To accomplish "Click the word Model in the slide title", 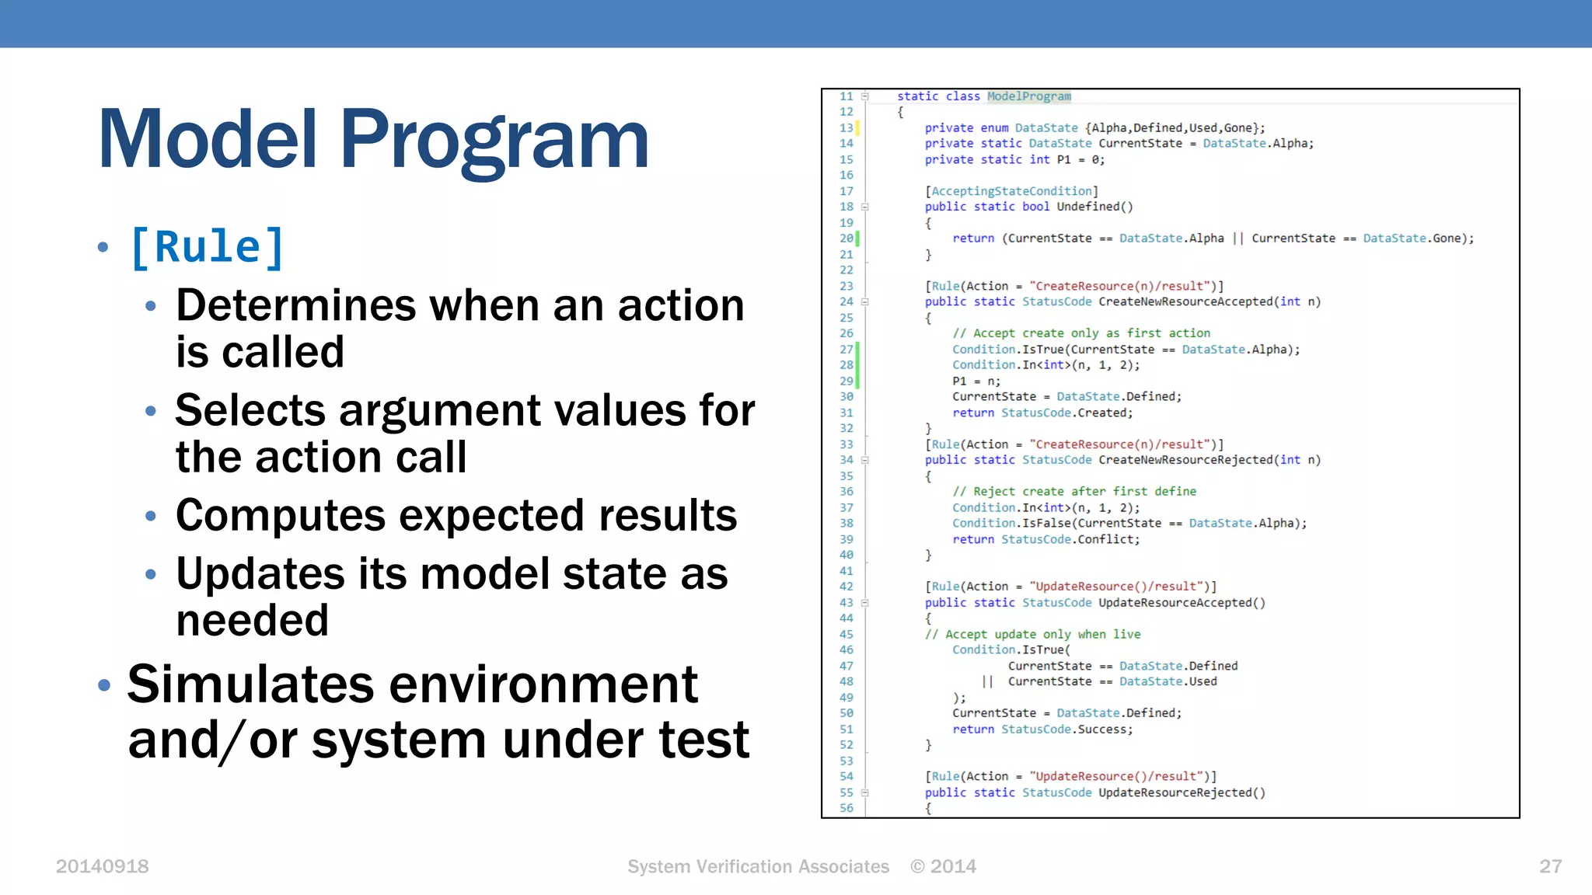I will click(x=208, y=140).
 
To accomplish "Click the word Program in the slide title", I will click(x=494, y=140).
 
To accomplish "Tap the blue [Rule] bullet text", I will click(x=208, y=248).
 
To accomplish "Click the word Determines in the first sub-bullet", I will click(x=295, y=305).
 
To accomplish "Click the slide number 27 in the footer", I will click(x=1550, y=866).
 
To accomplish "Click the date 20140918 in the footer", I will click(x=102, y=866).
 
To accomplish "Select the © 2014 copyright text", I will click(x=943, y=866).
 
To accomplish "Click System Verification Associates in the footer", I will click(x=758, y=866).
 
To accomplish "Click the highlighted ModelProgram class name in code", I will click(x=1028, y=96).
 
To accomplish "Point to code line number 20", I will click(x=846, y=239).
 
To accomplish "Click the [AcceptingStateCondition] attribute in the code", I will click(x=1011, y=191).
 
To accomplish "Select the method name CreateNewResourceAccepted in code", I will click(x=1185, y=301).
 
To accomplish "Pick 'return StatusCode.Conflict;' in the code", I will click(x=1046, y=539).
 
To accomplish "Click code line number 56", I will click(x=846, y=808).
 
